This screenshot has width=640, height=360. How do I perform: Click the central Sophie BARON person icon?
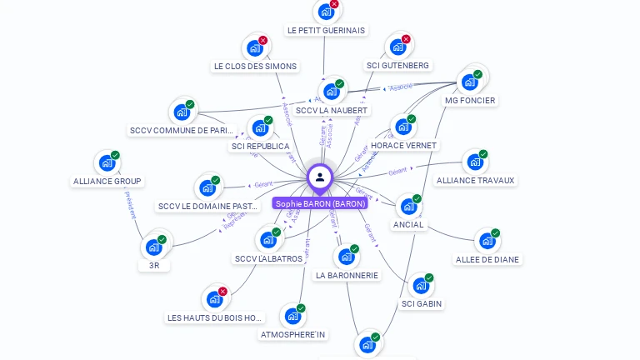click(320, 177)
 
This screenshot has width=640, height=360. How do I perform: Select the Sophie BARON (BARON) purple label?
click(321, 203)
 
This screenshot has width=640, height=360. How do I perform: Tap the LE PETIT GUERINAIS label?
click(326, 31)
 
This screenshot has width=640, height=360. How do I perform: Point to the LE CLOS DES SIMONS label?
click(255, 66)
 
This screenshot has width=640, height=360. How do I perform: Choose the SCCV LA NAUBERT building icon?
click(330, 91)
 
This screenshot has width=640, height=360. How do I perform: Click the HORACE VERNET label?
click(403, 145)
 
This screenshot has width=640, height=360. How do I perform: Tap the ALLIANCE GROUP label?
click(107, 181)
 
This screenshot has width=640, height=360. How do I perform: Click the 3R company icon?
click(153, 247)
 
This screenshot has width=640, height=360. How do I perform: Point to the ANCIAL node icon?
click(407, 206)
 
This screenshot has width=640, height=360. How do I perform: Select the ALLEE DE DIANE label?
click(487, 259)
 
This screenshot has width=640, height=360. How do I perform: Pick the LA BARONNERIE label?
click(347, 275)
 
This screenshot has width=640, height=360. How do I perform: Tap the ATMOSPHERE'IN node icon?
click(292, 316)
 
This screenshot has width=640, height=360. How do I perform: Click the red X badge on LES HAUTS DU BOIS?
click(222, 292)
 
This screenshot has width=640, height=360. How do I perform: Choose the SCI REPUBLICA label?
click(260, 147)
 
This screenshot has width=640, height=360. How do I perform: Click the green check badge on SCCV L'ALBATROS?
click(277, 232)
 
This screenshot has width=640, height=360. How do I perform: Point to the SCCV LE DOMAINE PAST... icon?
click(206, 187)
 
